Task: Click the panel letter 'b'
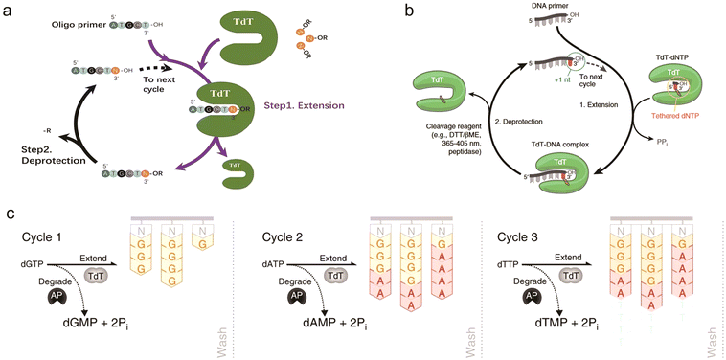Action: pos(384,12)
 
